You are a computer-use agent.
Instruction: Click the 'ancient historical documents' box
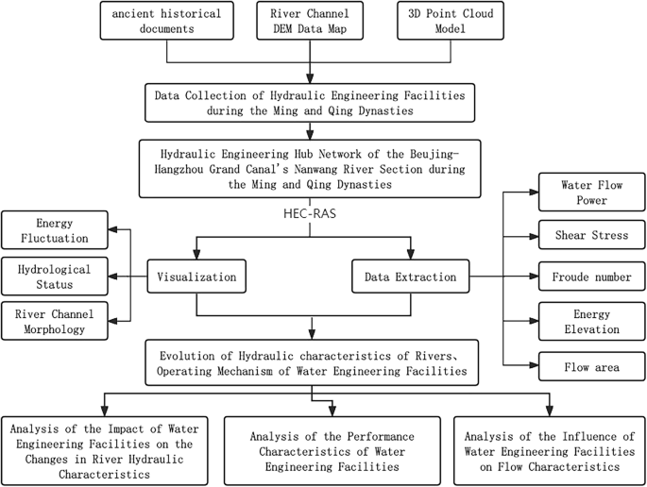coord(166,20)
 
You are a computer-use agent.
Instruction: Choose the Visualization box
coord(197,277)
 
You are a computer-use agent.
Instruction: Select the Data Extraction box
coord(412,277)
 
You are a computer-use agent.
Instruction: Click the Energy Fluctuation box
coord(54,230)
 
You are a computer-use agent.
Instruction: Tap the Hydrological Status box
coord(54,277)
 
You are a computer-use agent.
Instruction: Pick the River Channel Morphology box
coord(54,323)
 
